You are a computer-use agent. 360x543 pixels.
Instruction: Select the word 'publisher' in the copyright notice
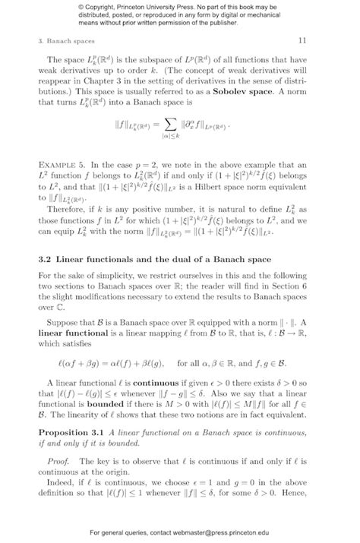tap(219, 24)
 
